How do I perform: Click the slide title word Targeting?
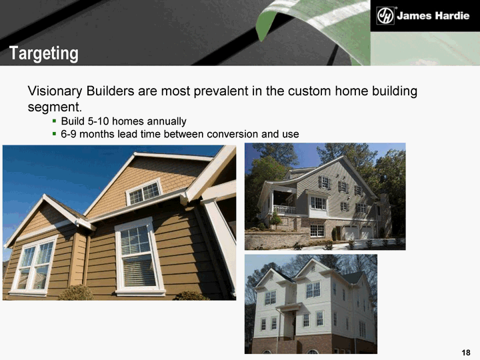click(x=44, y=53)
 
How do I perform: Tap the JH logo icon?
click(x=385, y=15)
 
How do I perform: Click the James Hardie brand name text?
click(x=433, y=15)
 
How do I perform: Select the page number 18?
click(x=465, y=353)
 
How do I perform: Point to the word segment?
click(x=55, y=107)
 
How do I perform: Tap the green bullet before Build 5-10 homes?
click(x=54, y=121)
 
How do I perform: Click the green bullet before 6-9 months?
click(x=54, y=133)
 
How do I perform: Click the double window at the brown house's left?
click(x=34, y=265)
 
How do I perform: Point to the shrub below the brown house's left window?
click(x=76, y=293)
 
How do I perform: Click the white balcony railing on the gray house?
click(x=285, y=209)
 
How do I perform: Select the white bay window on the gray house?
click(x=319, y=205)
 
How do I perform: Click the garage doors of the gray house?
click(x=359, y=233)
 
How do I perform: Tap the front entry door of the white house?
click(x=294, y=324)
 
